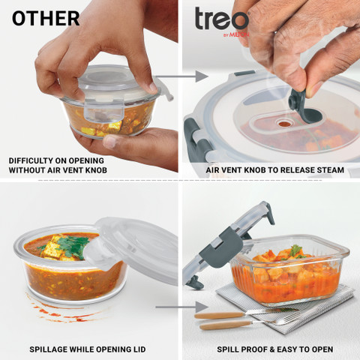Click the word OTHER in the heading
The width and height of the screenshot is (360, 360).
pos(46,18)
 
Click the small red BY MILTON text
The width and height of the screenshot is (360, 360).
pos(236,34)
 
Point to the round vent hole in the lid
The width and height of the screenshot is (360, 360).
pos(283,123)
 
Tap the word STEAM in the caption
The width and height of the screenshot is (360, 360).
pos(331,170)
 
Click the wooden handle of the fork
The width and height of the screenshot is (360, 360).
pos(226,325)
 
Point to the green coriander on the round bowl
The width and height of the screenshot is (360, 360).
pos(71,246)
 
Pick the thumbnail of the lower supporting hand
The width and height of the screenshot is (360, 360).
pos(109,142)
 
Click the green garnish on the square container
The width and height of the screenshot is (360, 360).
pos(295,251)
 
